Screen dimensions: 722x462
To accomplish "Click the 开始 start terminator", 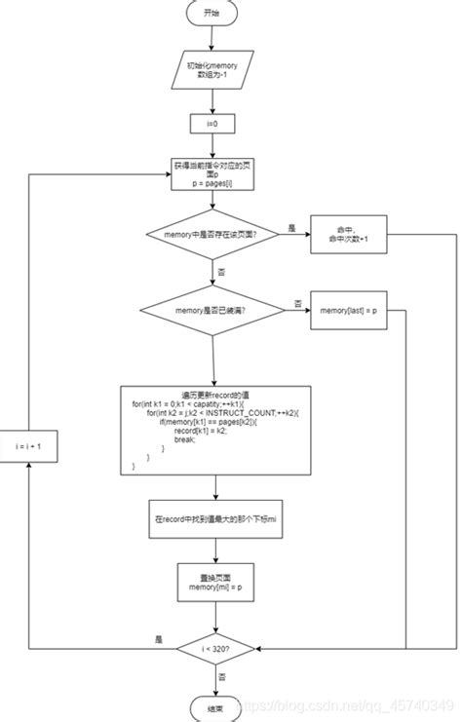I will pos(212,14).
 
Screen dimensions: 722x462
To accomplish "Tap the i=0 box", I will pos(212,124).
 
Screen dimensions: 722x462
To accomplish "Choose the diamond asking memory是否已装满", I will pos(212,311).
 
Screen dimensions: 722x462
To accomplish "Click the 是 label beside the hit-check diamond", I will pos(291,227).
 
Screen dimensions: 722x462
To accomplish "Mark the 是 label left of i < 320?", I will pos(158,639).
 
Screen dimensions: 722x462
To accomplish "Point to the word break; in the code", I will pos(184,439).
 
